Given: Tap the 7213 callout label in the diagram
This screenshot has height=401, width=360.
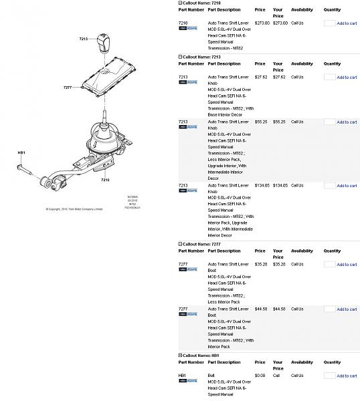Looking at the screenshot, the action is pyautogui.click(x=83, y=39).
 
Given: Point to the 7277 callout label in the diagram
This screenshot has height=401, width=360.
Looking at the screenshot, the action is pyautogui.click(x=68, y=88).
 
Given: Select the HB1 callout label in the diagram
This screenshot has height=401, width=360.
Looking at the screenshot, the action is pyautogui.click(x=21, y=153).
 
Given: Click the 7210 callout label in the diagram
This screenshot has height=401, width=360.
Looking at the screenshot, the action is pyautogui.click(x=105, y=180).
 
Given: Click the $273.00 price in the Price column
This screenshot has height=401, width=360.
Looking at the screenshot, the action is pyautogui.click(x=262, y=23).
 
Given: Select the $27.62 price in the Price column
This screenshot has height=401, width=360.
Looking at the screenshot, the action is pyautogui.click(x=260, y=78).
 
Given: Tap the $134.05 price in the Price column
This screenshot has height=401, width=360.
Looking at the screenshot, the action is pyautogui.click(x=262, y=186).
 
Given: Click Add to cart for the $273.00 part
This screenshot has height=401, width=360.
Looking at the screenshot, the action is pyautogui.click(x=347, y=23).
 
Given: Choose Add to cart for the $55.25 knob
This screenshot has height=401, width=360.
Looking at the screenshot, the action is pyautogui.click(x=347, y=122).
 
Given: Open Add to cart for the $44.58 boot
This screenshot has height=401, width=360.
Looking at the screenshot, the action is pyautogui.click(x=347, y=309).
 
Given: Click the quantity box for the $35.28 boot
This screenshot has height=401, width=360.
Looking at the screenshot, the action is pyautogui.click(x=329, y=265).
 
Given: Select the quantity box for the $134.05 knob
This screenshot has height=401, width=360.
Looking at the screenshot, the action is pyautogui.click(x=329, y=186).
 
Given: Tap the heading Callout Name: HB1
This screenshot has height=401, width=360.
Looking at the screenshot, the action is pyautogui.click(x=201, y=356).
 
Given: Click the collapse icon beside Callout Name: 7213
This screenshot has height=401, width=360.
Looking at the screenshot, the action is pyautogui.click(x=180, y=57).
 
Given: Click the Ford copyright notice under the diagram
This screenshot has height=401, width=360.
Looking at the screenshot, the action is pyautogui.click(x=74, y=209).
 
